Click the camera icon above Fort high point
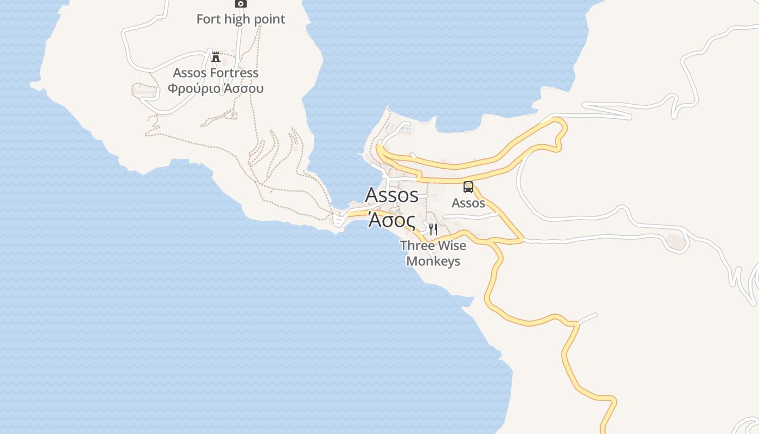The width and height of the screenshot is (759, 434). pyautogui.click(x=240, y=3)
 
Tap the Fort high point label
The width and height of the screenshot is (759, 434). pyautogui.click(x=240, y=19)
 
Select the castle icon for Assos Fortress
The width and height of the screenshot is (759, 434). pyautogui.click(x=216, y=56)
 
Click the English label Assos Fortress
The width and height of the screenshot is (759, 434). pyautogui.click(x=216, y=73)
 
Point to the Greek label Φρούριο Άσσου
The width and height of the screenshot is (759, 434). pyautogui.click(x=215, y=88)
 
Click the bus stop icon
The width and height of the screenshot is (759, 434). pyautogui.click(x=468, y=187)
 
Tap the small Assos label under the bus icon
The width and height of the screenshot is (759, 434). pyautogui.click(x=468, y=203)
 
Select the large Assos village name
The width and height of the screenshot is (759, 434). pyautogui.click(x=391, y=194)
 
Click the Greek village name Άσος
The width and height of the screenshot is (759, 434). pyautogui.click(x=391, y=220)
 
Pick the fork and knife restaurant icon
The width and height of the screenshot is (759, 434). pyautogui.click(x=433, y=229)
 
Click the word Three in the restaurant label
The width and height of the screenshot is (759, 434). pyautogui.click(x=416, y=246)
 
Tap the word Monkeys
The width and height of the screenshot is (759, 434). pyautogui.click(x=433, y=261)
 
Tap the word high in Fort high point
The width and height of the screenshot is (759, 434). pyautogui.click(x=238, y=19)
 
